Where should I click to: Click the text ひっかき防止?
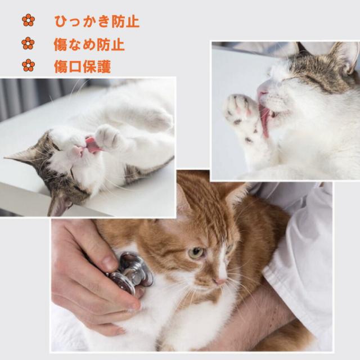coord(96,21)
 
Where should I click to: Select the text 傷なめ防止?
coord(89,44)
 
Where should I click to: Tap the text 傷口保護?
coord(82,66)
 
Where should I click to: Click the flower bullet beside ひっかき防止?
coord(28,21)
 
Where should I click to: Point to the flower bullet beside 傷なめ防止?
coord(28,43)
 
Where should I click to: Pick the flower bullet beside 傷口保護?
coord(28,66)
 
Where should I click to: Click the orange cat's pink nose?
coord(220,280)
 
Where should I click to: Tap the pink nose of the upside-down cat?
coord(78,151)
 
